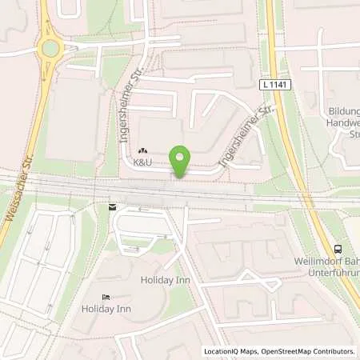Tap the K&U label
coord(143,162)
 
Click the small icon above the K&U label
coord(143,150)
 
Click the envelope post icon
coord(111,206)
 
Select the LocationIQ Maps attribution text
coord(230,351)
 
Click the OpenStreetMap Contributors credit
coord(307,351)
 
